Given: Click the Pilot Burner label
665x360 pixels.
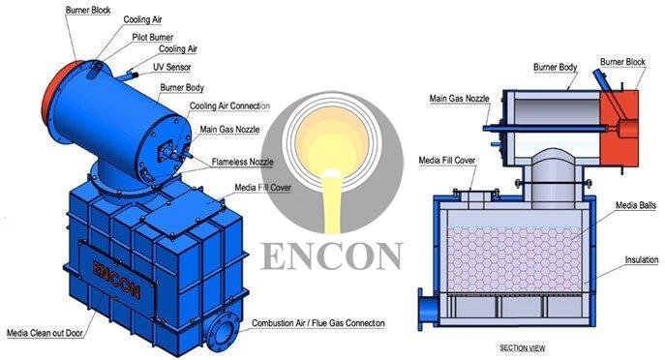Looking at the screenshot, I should click(x=154, y=36).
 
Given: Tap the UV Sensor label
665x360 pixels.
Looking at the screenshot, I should click(x=171, y=68).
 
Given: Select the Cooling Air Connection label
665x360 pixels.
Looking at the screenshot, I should click(x=229, y=105).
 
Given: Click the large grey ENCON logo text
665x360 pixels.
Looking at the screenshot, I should click(x=331, y=255).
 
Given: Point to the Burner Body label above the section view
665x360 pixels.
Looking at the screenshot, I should click(x=556, y=67).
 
